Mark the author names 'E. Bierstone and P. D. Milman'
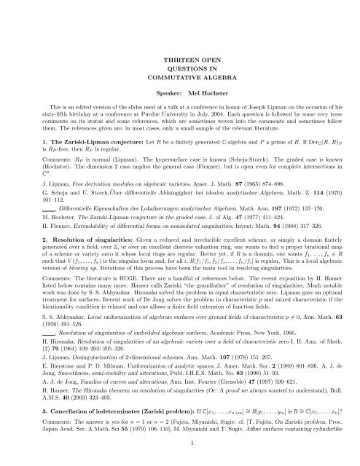55,385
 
